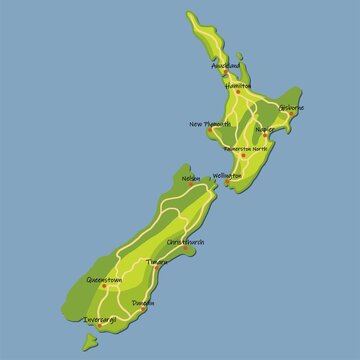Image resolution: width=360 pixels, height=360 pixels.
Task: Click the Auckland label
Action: (226, 66)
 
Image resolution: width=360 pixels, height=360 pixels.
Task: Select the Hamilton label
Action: (239, 87)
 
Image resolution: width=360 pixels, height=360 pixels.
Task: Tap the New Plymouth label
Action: (210, 124)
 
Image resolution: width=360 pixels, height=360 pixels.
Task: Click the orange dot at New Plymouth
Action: (210, 132)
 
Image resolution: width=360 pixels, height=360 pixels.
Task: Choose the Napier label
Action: (265, 129)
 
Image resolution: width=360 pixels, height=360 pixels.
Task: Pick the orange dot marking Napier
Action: (265, 137)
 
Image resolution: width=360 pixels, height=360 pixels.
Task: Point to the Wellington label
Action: (227, 176)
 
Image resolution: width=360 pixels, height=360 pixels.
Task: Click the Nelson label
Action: (191, 180)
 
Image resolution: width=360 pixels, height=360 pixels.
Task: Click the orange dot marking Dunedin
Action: (142, 308)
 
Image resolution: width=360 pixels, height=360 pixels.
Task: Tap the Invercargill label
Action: (101, 320)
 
